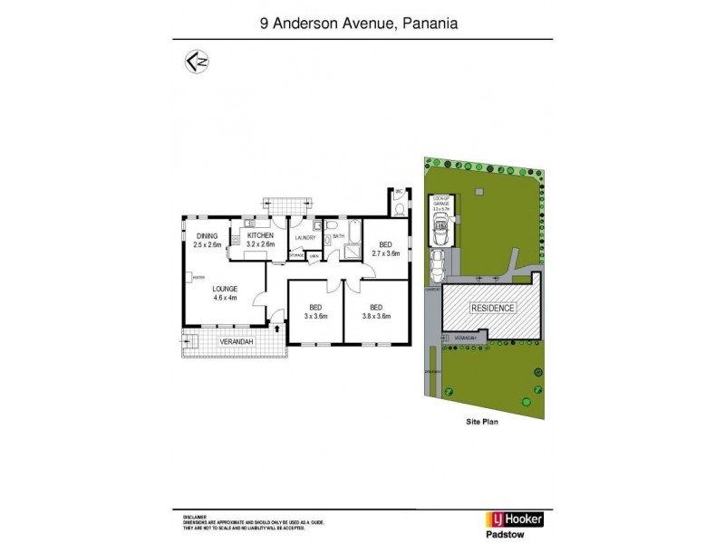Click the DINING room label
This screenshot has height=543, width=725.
[x=208, y=237]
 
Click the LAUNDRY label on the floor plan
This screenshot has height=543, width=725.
[x=304, y=238]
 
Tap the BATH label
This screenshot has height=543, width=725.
[x=338, y=236]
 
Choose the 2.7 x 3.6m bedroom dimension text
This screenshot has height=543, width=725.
[x=386, y=253]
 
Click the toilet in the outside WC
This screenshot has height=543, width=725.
[x=400, y=210]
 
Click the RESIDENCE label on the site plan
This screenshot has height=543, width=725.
[x=492, y=308]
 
